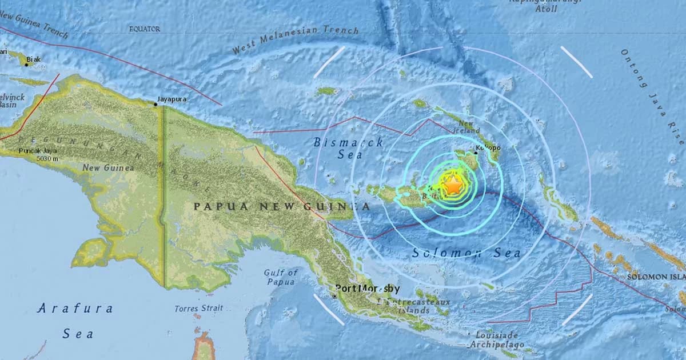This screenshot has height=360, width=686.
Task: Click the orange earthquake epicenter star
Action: click(452, 185)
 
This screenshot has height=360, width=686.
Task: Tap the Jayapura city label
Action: click(173, 99)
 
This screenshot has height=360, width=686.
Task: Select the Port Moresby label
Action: click(367, 289)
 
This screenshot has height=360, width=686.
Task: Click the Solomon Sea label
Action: click(466, 253)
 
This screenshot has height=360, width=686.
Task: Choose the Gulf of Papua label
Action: click(280, 277)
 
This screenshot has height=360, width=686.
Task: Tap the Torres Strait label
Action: click(195, 309)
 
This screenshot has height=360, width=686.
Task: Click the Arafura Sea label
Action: click(75, 321)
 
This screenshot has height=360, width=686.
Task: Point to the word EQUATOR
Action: click(145, 28)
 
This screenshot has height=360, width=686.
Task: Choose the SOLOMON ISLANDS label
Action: click(656, 277)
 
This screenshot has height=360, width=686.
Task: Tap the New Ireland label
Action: click(468, 127)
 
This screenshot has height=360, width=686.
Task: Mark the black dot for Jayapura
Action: click(155, 104)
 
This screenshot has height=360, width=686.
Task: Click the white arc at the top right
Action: click(576, 61)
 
